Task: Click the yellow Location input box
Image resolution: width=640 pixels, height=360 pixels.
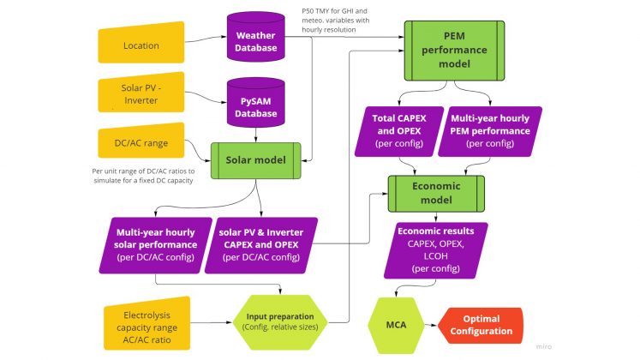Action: tap(142, 45)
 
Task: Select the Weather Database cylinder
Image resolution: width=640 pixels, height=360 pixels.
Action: tap(256, 39)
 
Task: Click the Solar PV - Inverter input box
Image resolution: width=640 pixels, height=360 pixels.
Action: tap(142, 93)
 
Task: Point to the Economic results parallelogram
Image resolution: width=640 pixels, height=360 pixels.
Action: tap(441, 249)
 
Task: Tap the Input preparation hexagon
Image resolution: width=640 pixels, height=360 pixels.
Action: tap(280, 321)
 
